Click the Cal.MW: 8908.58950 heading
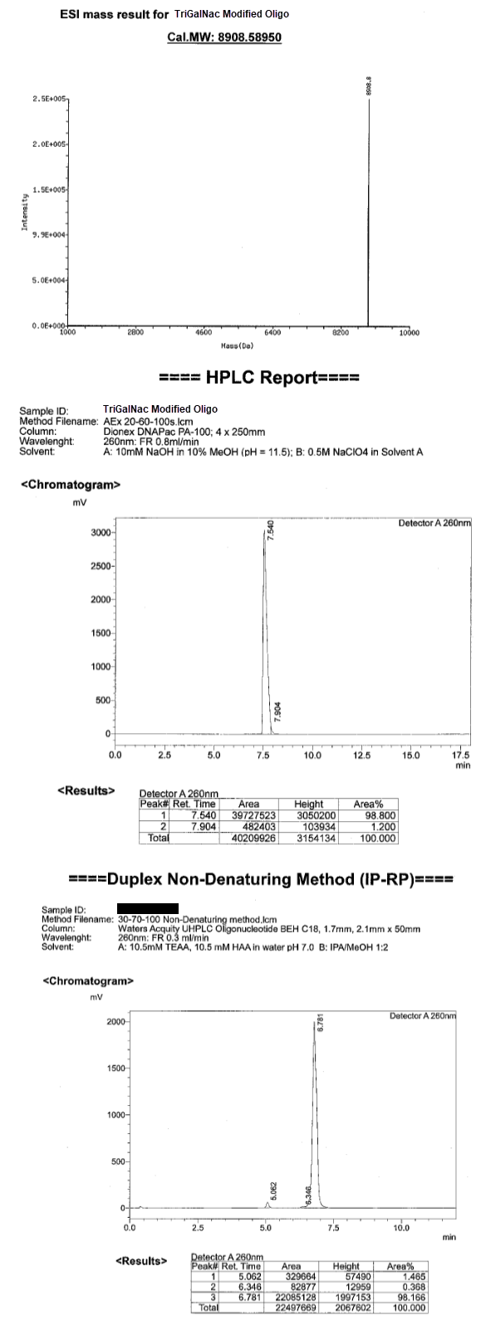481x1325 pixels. click(224, 37)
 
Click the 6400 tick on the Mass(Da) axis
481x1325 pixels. click(272, 332)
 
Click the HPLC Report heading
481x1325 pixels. click(259, 379)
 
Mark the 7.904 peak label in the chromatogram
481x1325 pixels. click(277, 711)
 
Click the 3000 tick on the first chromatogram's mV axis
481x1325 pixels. click(101, 532)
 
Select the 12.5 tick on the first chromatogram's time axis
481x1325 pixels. click(360, 755)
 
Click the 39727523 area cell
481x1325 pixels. click(248, 815)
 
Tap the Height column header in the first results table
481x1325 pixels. click(308, 804)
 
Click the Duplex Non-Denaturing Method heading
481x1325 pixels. click(259, 878)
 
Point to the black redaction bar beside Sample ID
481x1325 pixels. click(148, 910)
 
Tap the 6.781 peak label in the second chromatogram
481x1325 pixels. click(320, 1024)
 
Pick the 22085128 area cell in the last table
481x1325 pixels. click(291, 1297)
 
